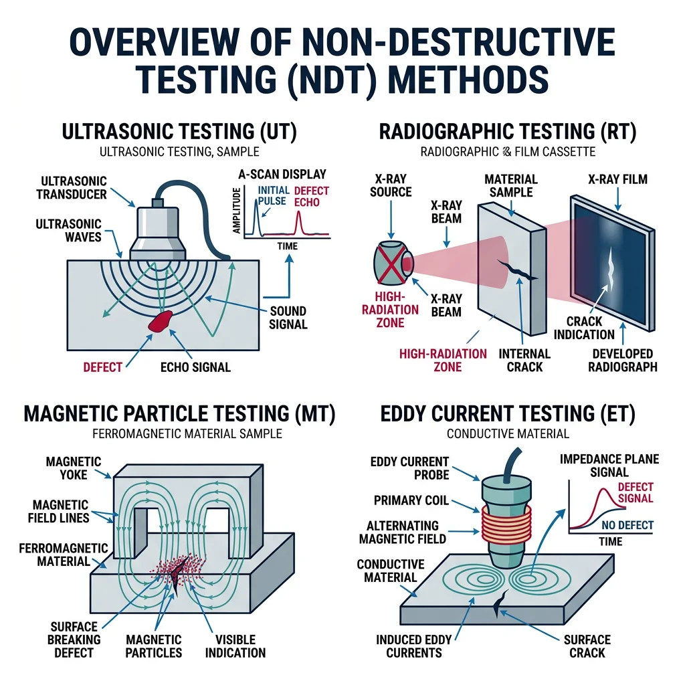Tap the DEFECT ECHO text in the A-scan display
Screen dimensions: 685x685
(307, 196)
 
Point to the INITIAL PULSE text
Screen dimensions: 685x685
(272, 196)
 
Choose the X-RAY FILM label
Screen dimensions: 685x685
(618, 179)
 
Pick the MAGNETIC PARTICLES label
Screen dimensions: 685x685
(155, 646)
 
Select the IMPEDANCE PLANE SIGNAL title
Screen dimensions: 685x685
(609, 466)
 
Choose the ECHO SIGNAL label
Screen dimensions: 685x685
(195, 367)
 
